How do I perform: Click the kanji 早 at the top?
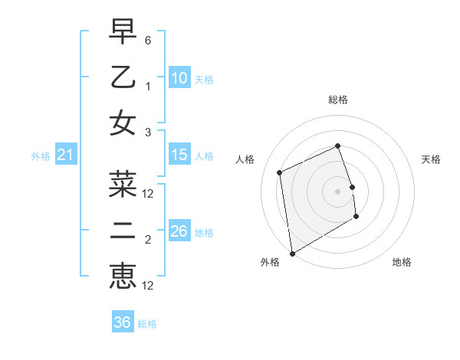123,33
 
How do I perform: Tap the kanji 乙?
123,77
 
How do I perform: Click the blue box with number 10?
179,78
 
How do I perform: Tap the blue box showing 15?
179,155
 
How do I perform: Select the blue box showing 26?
179,231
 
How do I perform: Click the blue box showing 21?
66,155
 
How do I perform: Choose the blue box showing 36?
123,322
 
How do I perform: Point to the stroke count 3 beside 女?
148,131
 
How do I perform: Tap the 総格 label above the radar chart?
337,100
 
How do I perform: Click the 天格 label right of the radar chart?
431,159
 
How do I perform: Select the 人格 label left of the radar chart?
245,159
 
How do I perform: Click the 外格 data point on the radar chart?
292,253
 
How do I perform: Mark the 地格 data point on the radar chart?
356,218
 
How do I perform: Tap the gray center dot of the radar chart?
337,191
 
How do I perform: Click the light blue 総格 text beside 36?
147,324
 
